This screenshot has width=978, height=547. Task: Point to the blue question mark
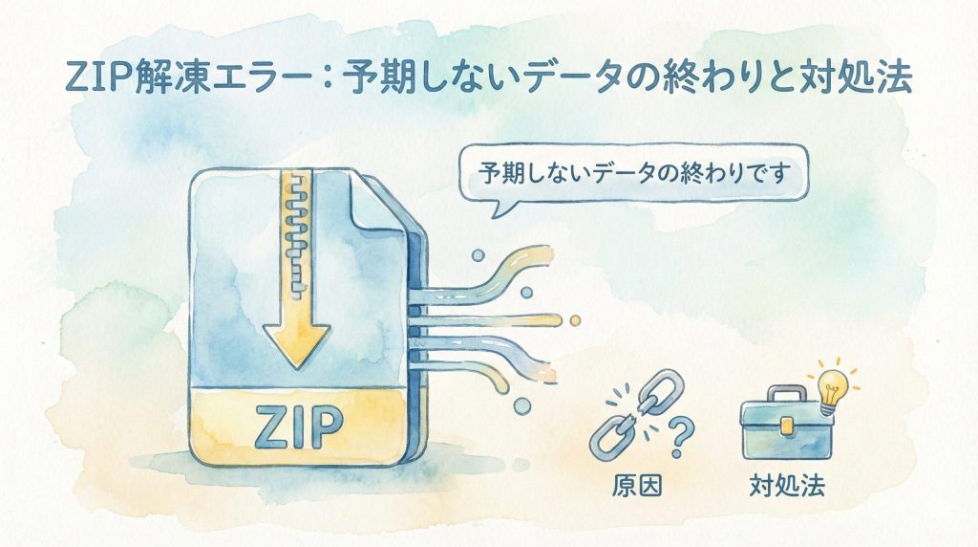pos(679,442)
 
